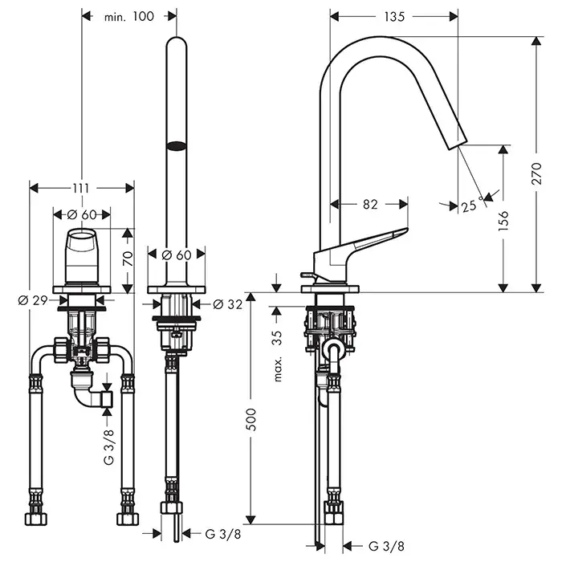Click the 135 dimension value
click(393, 16)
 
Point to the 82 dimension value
click(369, 204)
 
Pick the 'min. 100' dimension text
click(128, 16)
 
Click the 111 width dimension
click(80, 187)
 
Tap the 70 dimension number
click(125, 259)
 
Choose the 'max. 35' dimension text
click(278, 355)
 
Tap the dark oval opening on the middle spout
click(175, 146)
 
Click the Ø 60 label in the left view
click(81, 214)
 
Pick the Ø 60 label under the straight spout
click(176, 255)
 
